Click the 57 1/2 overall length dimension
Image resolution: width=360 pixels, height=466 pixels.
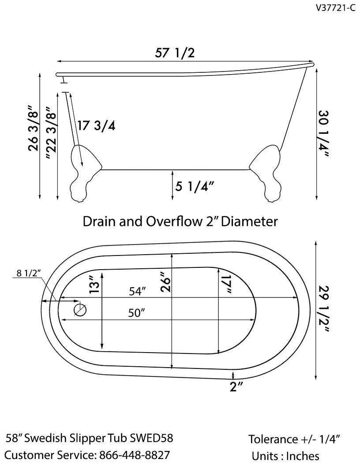[175, 53]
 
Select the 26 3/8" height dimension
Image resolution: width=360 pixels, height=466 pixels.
[34, 128]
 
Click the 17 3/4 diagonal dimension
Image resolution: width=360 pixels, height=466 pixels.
[96, 126]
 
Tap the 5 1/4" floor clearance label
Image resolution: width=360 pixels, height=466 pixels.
[195, 186]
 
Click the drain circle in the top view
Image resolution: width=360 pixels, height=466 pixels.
[80, 310]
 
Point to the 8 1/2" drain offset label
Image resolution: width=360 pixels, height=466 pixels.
[29, 273]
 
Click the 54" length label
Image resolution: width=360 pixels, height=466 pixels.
[137, 292]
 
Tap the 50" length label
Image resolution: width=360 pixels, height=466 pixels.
[137, 313]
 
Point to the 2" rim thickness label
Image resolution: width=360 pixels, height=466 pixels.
[236, 387]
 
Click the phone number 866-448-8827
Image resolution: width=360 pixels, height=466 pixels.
[135, 455]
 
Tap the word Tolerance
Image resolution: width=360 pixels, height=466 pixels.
[273, 439]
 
